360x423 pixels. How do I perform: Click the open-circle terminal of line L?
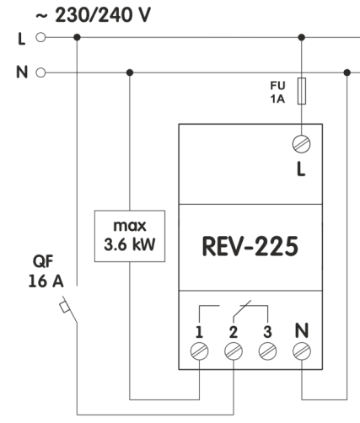click(x=36, y=38)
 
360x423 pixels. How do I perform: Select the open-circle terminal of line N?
click(x=36, y=72)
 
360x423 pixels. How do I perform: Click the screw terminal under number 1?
click(x=201, y=348)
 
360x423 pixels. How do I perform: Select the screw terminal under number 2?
click(x=232, y=348)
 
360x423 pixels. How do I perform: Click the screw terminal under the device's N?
click(x=301, y=348)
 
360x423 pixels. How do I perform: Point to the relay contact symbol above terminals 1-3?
click(x=232, y=309)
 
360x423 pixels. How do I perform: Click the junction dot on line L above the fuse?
click(x=302, y=38)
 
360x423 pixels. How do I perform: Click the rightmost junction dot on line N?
click(x=347, y=72)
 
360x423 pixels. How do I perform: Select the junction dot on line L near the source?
click(x=77, y=38)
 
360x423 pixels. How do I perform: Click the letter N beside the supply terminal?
click(x=19, y=72)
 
